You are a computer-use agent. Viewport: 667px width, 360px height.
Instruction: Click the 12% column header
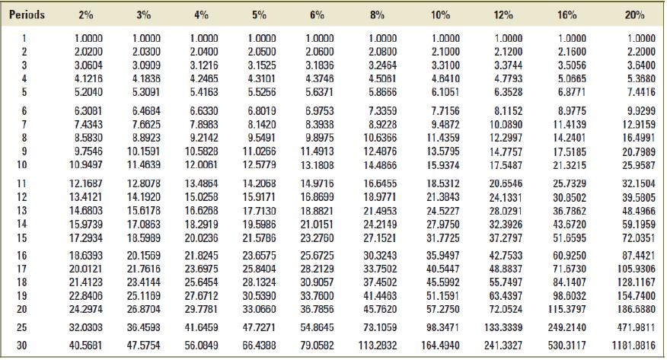point(495,14)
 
